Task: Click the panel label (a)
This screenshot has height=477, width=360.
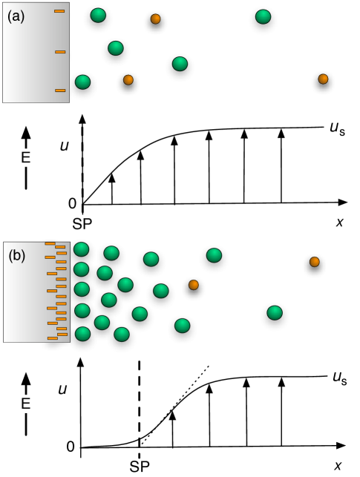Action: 16,16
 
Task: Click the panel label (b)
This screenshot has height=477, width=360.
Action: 17,255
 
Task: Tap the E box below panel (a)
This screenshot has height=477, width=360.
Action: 26,157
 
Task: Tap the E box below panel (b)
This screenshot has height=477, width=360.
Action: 26,404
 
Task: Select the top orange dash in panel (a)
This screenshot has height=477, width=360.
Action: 59,11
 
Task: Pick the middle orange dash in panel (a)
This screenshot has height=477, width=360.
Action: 60,52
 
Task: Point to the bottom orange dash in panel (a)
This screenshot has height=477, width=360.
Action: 60,91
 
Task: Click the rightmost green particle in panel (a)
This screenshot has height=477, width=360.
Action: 263,17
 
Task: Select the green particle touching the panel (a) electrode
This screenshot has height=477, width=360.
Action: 82,82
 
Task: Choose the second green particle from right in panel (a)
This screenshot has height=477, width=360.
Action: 180,65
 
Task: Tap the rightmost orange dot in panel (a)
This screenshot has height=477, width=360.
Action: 323,79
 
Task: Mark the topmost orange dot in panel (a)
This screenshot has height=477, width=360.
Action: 155,19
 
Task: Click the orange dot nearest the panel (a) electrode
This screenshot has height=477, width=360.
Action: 128,79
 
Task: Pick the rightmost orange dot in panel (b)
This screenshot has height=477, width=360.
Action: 315,262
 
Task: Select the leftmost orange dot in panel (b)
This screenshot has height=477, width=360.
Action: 194,285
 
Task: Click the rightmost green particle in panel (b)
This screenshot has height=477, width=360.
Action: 274,313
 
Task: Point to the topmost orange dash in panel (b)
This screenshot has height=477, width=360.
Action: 50,243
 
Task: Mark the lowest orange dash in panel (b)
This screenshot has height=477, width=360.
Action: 53,338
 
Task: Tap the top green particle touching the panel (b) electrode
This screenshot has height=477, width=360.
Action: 81,250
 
